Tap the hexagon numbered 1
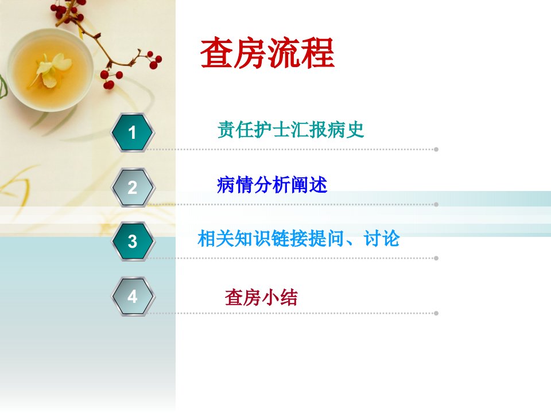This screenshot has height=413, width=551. coord(132,133)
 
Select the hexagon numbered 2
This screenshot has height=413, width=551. coord(132,187)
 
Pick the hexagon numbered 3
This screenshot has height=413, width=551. coord(132,241)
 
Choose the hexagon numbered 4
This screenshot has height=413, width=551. coord(132,297)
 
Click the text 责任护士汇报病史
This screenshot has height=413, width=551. coord(290,130)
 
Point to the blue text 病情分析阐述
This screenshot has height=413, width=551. coord(272,185)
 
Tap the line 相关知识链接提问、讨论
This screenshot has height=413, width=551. coord(298,239)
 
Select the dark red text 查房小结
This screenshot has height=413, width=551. coord(261,298)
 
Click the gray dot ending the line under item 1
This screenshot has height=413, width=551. coord(436,149)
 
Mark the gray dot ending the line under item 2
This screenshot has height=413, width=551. coord(436,204)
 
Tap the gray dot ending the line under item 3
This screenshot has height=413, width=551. coord(436,258)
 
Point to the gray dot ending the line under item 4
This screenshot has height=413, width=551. coord(436,313)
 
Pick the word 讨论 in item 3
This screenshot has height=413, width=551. coord(382,239)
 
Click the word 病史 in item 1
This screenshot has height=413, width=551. coord(346,130)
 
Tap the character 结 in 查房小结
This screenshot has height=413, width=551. coord(289,298)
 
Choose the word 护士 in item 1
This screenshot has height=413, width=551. coord(272,130)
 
